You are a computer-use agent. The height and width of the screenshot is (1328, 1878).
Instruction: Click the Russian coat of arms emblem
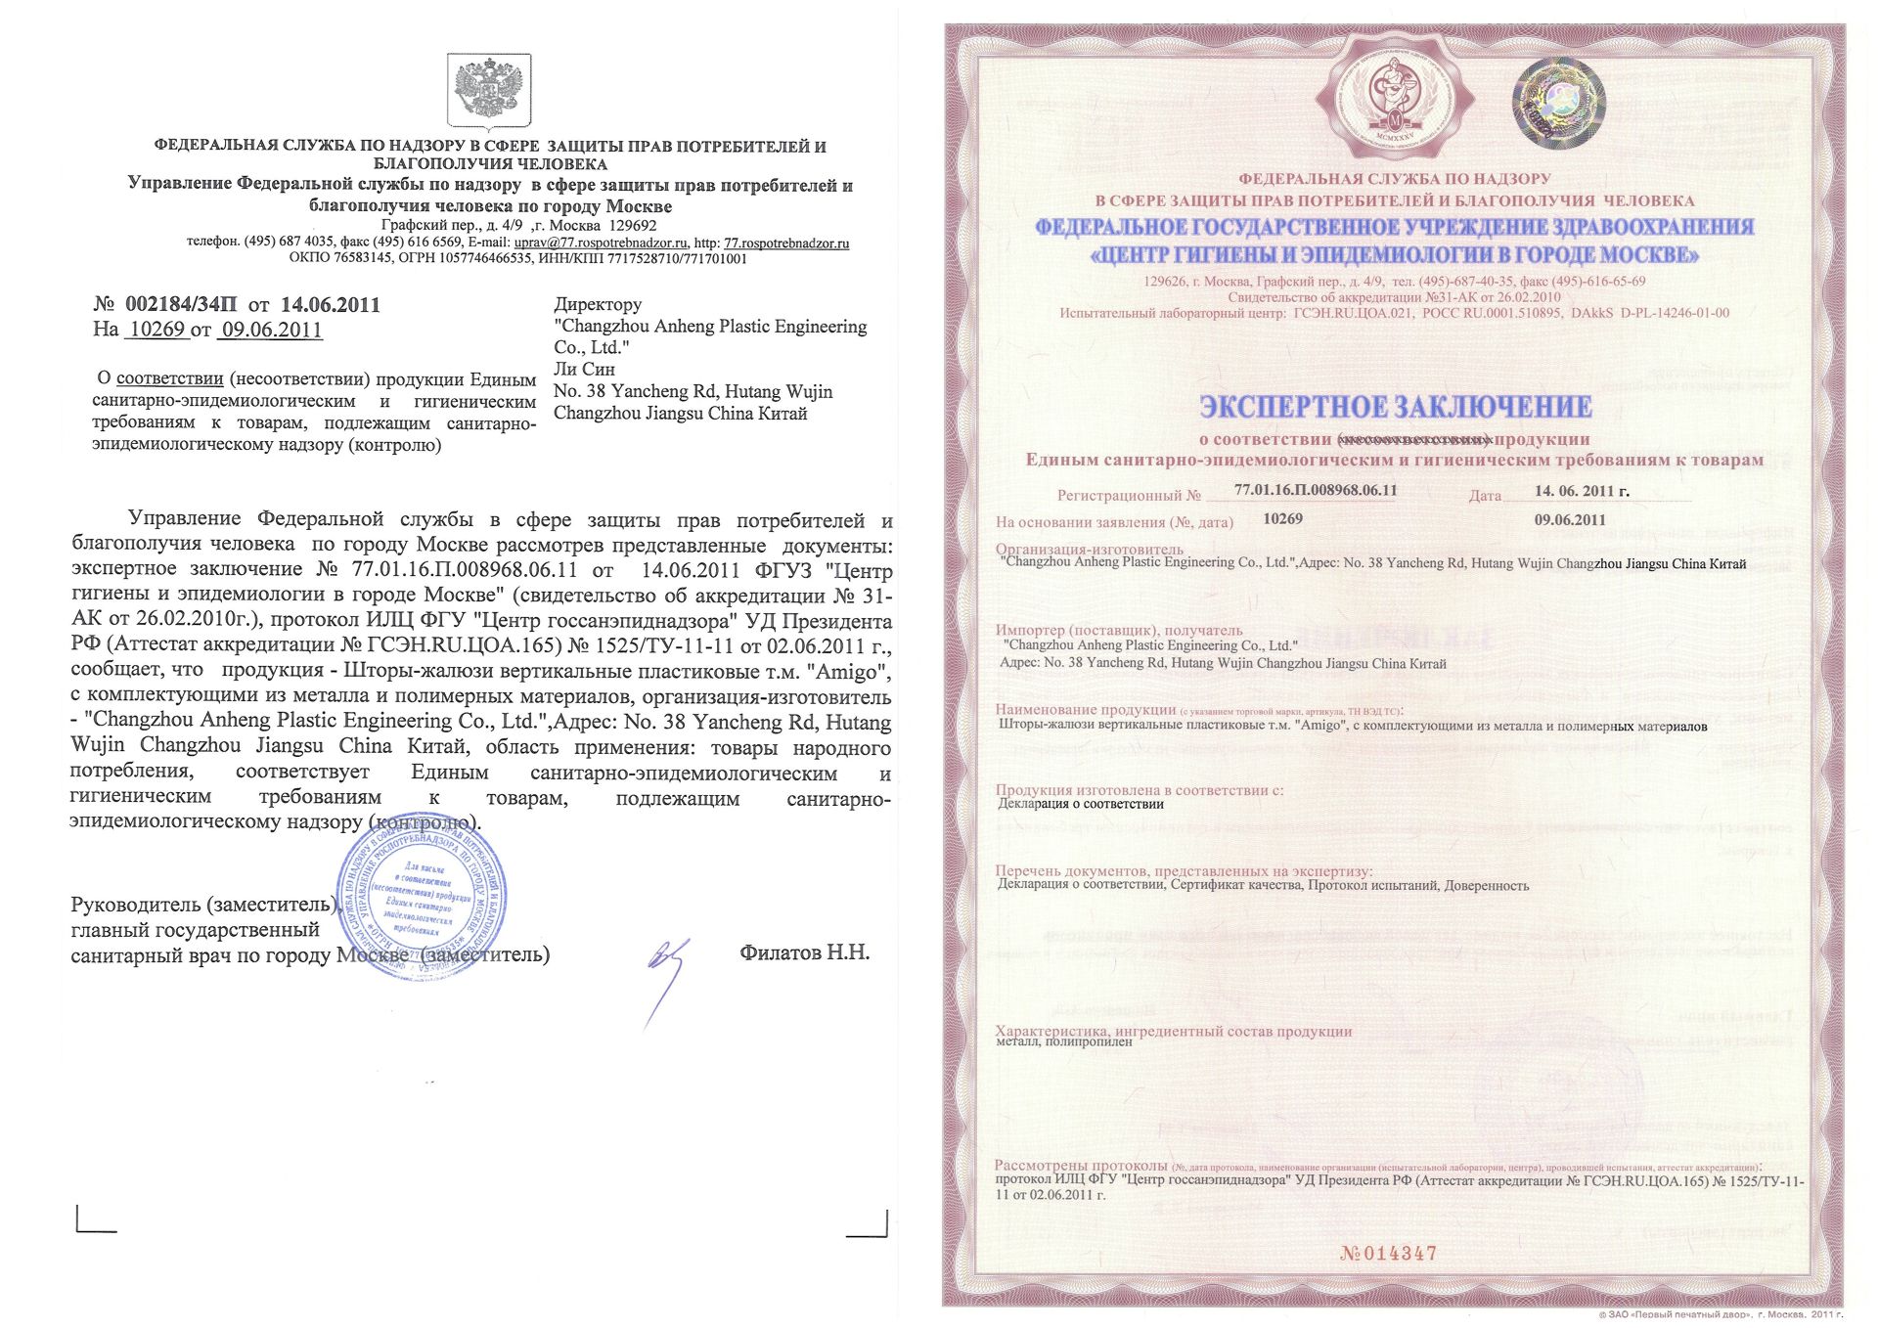click(489, 91)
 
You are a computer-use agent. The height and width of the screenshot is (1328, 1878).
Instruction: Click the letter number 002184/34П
click(181, 304)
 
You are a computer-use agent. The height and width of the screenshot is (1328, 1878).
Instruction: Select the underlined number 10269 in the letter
click(156, 330)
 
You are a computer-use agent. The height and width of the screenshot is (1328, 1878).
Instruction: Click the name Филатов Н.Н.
click(804, 952)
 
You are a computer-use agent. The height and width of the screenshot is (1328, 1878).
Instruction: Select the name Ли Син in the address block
click(584, 370)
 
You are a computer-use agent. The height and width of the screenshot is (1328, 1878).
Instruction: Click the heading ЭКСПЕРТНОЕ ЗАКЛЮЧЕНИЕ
click(1395, 407)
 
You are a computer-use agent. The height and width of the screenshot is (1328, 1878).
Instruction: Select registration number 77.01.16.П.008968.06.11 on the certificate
click(1316, 490)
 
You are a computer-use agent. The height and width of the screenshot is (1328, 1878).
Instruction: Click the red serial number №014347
click(1388, 1254)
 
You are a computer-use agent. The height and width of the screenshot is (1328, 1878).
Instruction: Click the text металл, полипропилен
click(1063, 1042)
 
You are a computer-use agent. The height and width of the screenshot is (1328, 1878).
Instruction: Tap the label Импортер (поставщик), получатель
click(1119, 630)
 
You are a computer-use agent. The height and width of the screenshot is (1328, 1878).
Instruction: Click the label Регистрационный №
click(1129, 496)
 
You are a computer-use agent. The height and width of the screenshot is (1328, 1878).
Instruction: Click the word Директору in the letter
click(598, 304)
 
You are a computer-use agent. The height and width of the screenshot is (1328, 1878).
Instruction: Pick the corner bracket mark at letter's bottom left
click(95, 1221)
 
